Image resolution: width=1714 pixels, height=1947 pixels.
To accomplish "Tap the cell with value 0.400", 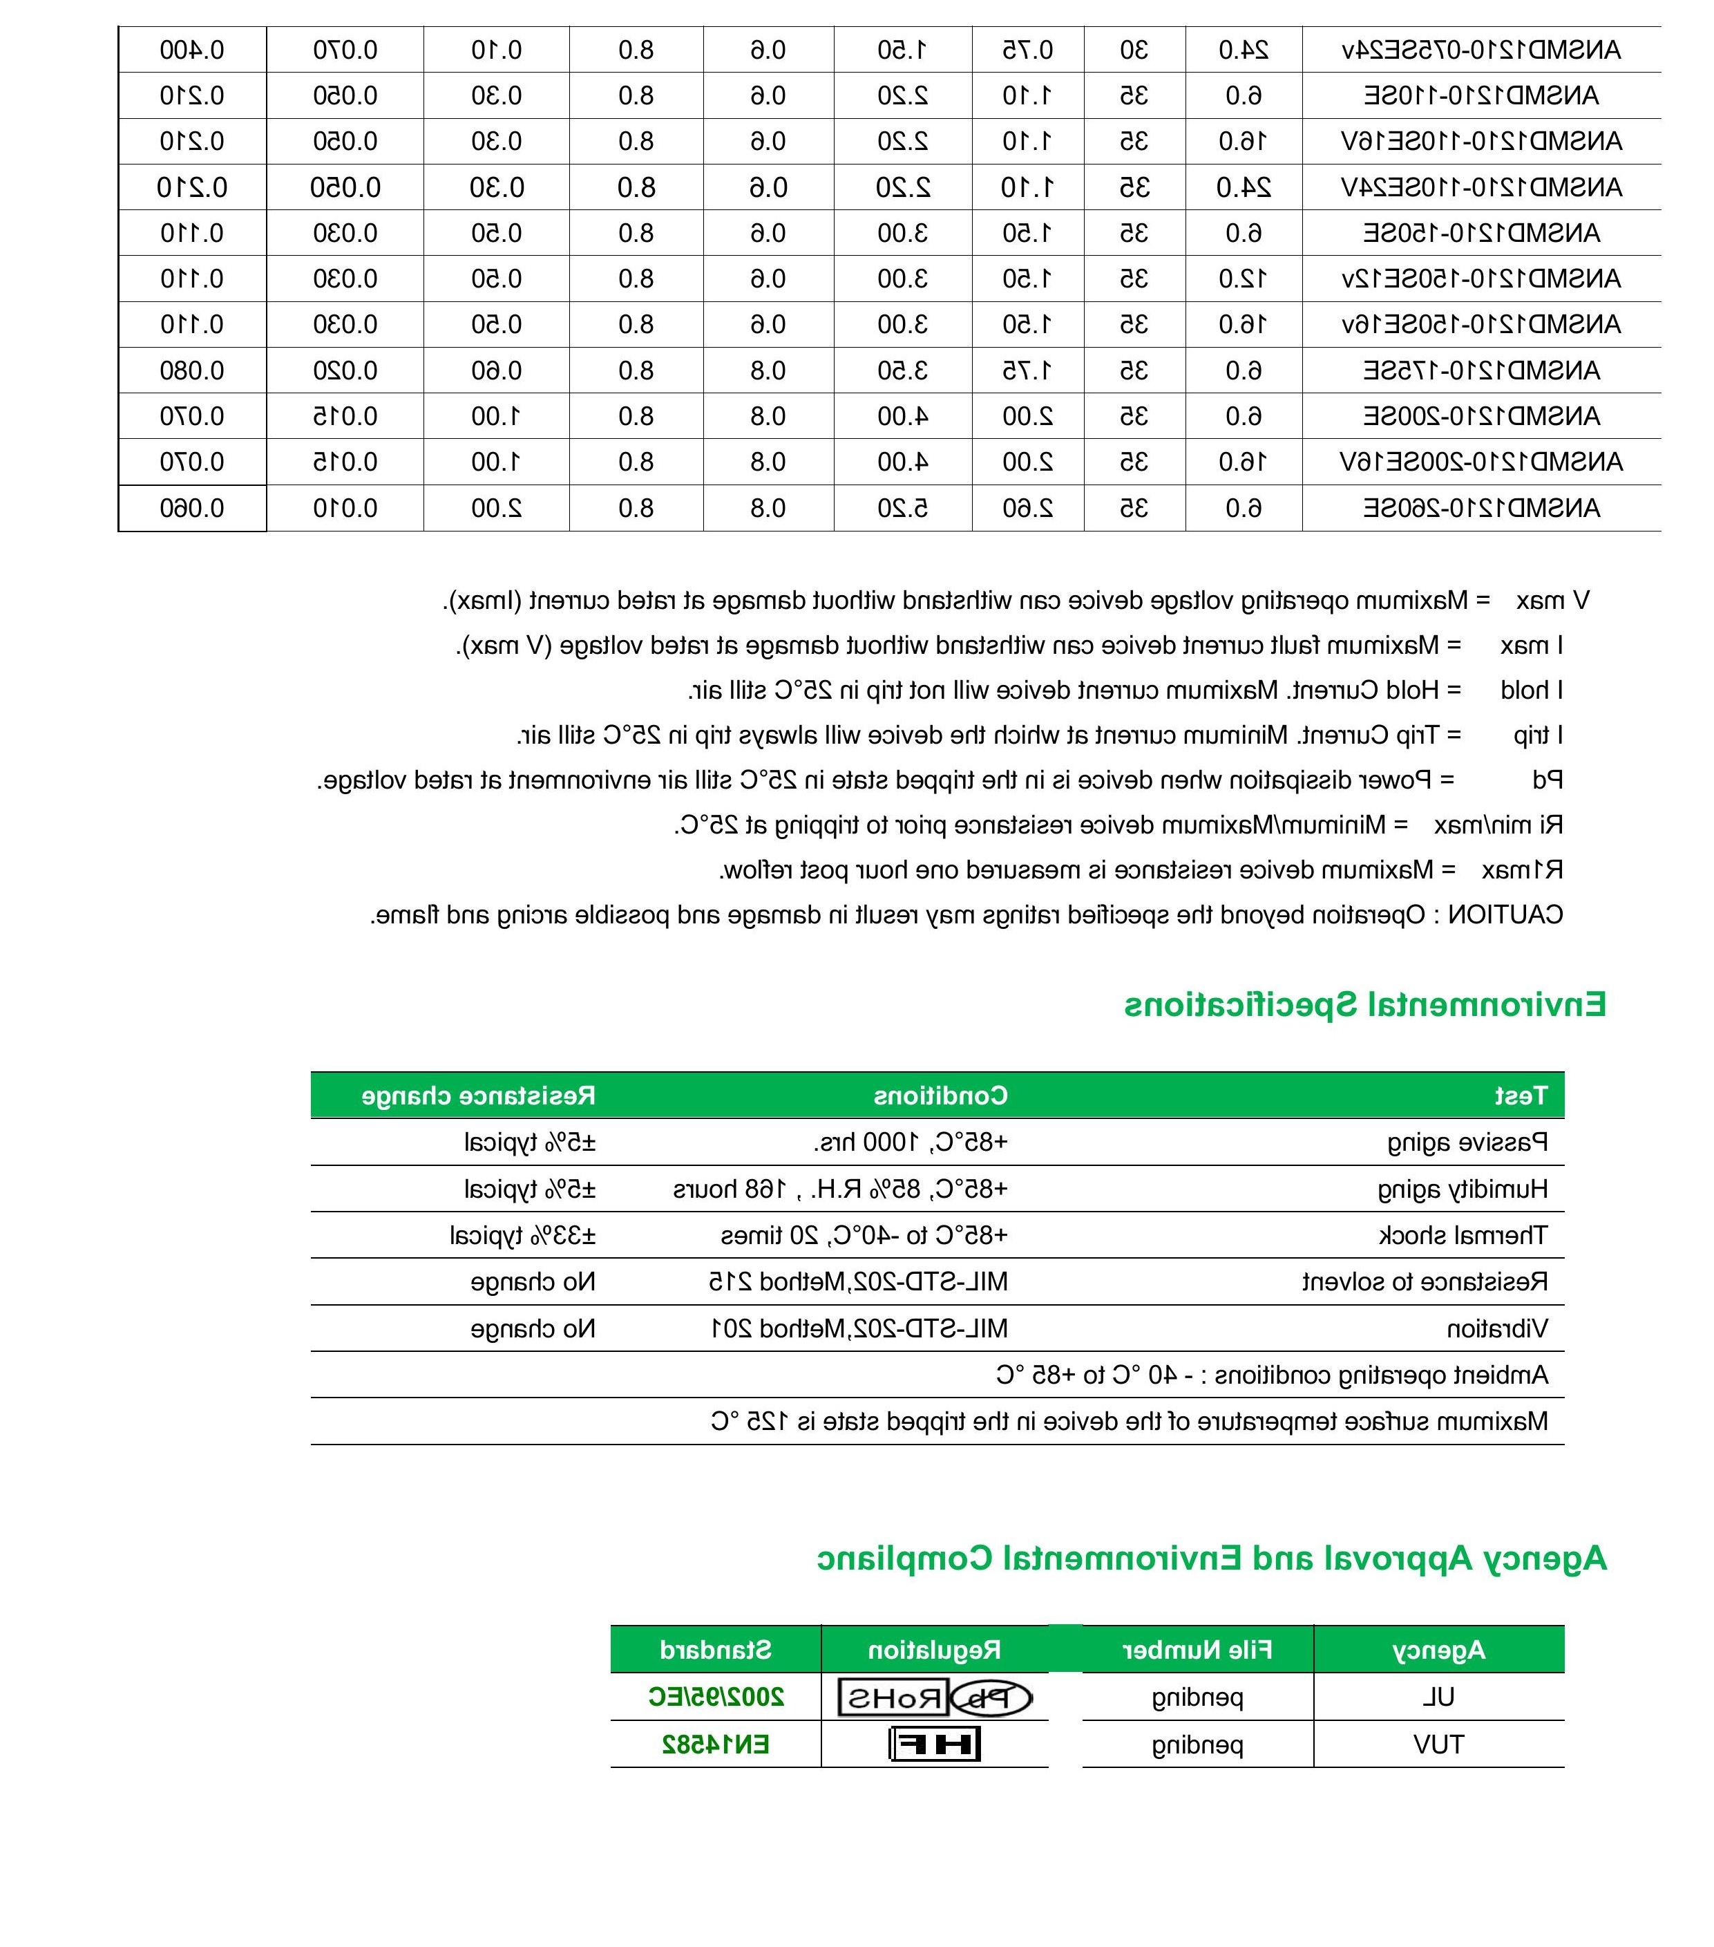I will [x=191, y=50].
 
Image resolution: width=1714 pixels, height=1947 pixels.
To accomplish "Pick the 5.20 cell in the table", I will [x=903, y=508].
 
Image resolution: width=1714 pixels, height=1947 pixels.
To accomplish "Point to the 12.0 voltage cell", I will [x=1243, y=278].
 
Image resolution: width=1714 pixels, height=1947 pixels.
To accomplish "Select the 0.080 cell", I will [x=191, y=370].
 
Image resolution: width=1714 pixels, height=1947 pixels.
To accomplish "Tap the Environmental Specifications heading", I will [x=1364, y=1004].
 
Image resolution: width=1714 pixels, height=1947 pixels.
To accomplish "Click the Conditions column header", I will [x=940, y=1095].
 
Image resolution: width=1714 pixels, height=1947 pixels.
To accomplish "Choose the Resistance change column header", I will [x=478, y=1095].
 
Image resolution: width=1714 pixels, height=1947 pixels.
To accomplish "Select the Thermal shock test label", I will [x=1463, y=1235].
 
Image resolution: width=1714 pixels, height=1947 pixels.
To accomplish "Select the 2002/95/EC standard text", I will [x=716, y=1697].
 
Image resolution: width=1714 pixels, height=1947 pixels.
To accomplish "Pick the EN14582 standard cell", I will [x=716, y=1744].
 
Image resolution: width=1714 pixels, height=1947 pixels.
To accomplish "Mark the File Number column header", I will [x=1197, y=1649].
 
